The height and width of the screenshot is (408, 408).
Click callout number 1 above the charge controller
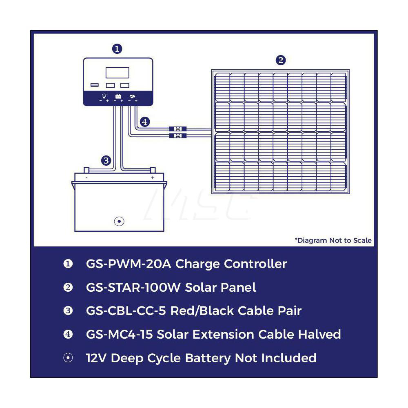(x=117, y=49)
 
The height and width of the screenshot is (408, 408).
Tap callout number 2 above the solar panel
(x=280, y=60)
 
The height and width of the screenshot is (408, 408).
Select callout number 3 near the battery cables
(x=106, y=160)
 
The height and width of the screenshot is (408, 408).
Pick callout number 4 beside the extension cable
(x=145, y=121)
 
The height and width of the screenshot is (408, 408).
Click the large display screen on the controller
(x=118, y=73)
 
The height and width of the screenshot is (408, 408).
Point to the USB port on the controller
(x=94, y=85)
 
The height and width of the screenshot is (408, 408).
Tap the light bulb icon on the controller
(x=104, y=96)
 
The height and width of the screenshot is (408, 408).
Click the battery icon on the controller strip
(x=118, y=97)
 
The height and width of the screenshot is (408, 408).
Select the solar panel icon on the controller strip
(x=132, y=97)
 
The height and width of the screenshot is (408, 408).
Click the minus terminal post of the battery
(x=86, y=170)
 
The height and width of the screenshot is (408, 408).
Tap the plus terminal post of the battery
(x=153, y=170)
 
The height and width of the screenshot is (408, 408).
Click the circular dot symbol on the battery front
(x=119, y=221)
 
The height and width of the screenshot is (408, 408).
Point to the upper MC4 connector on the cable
(x=177, y=129)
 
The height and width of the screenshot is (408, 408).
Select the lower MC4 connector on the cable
(x=177, y=135)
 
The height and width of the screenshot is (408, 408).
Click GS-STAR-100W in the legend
(x=133, y=287)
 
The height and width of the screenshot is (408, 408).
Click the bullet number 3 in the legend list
(x=68, y=311)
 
